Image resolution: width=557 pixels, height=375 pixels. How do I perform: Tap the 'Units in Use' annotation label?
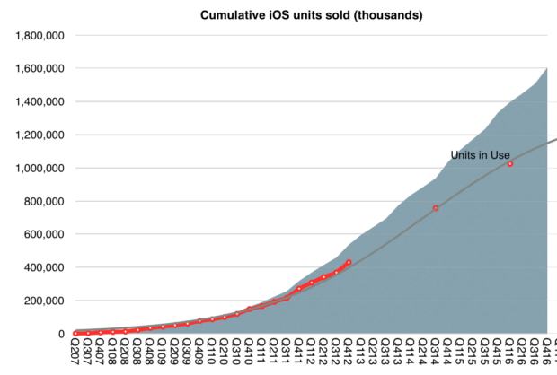[480, 155]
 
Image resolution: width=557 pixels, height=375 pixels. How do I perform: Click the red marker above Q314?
[436, 208]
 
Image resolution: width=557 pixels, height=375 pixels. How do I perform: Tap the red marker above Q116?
[510, 164]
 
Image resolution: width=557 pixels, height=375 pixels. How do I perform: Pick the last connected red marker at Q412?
[349, 262]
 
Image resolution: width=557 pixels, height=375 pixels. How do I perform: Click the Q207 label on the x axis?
[76, 354]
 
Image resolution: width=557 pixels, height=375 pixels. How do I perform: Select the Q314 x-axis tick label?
[436, 354]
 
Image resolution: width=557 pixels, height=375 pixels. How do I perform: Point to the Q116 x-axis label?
[510, 354]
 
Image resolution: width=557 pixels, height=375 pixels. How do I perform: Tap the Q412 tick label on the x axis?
[349, 354]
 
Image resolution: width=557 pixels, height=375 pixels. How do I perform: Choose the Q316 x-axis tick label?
[535, 354]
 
